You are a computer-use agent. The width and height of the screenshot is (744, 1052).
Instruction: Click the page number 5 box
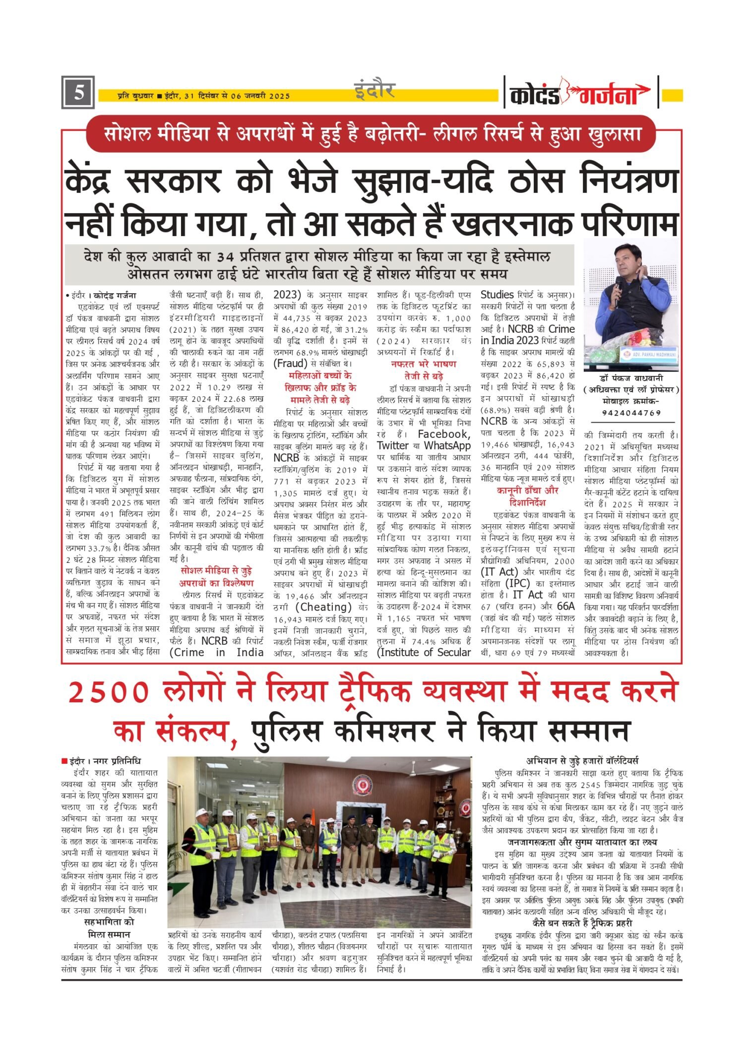78,93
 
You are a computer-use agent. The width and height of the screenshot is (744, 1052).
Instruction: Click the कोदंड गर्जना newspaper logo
580,93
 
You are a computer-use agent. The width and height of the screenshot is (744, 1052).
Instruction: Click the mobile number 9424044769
631,413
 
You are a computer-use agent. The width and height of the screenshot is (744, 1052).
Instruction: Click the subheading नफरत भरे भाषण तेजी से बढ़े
423,370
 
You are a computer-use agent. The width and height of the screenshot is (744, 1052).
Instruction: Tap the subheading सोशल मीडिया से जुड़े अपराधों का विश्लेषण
216,577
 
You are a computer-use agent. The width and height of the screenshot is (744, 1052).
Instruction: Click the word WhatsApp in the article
447,445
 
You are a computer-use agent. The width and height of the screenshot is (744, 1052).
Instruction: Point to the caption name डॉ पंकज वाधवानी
631,378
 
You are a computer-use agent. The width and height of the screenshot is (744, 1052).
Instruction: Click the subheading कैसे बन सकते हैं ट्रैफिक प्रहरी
582,923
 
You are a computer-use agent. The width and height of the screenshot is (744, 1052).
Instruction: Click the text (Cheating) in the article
323,607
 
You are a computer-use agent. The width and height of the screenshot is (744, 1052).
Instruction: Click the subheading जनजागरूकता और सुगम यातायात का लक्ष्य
582,842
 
